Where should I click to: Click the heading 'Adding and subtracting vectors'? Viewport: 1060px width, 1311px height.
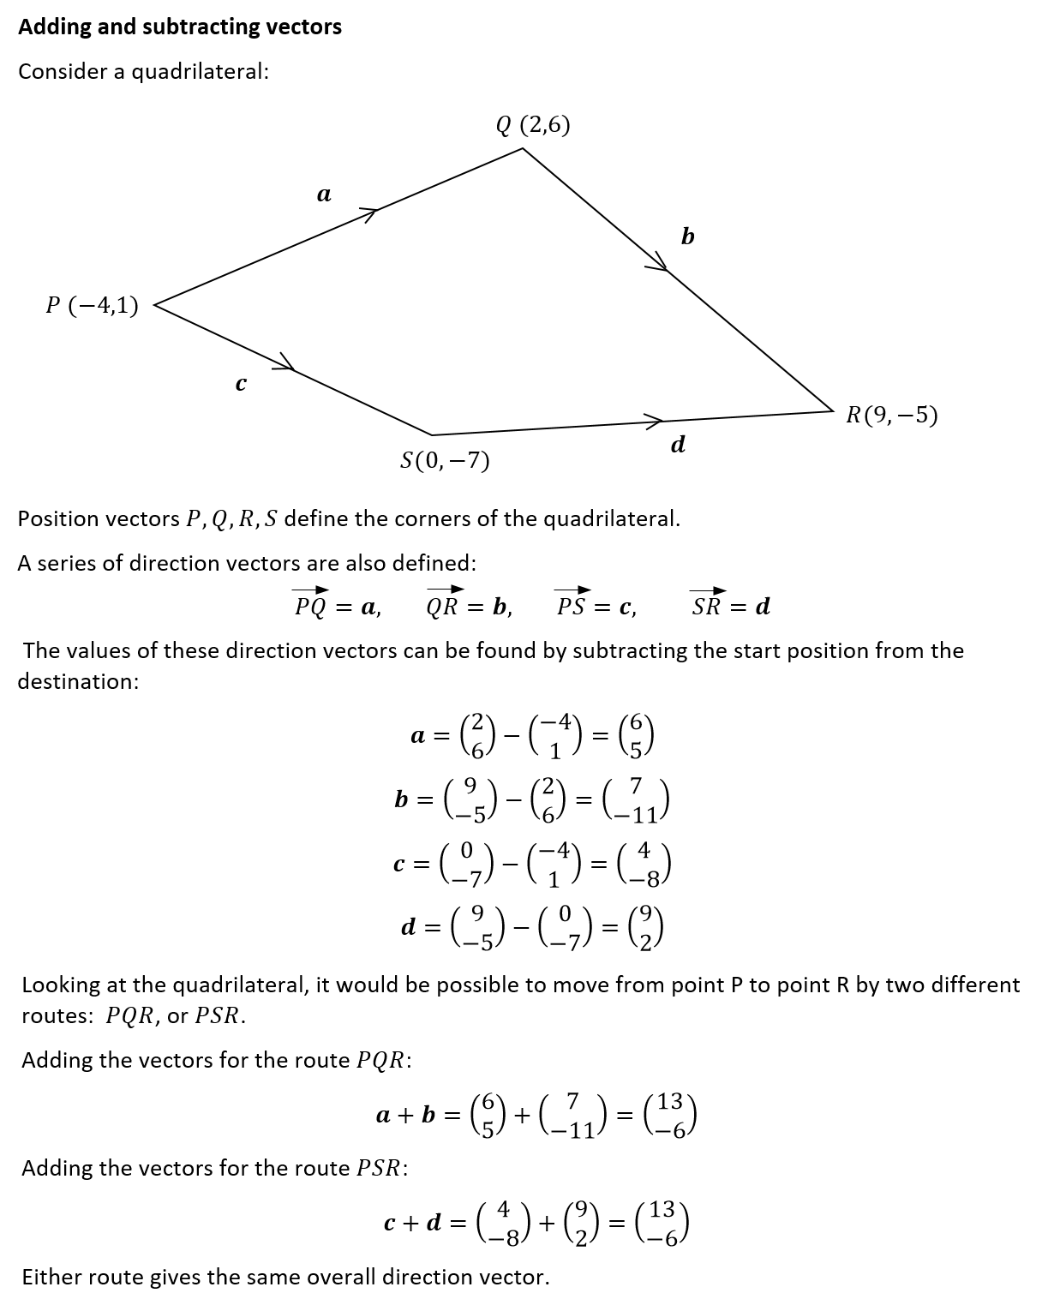click(180, 27)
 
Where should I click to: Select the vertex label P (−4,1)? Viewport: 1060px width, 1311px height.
click(92, 305)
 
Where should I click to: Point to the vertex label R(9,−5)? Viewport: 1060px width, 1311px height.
click(891, 416)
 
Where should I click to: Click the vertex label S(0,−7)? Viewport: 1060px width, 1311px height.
click(445, 462)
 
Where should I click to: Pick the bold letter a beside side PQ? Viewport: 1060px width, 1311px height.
click(324, 195)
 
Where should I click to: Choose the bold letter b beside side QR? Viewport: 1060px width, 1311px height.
click(687, 236)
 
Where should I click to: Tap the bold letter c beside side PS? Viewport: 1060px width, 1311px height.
click(241, 385)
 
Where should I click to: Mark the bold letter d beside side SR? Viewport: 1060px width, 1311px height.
click(678, 445)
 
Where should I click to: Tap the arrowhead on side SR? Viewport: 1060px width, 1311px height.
click(654, 421)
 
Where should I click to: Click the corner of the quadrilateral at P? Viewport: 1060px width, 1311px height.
click(155, 304)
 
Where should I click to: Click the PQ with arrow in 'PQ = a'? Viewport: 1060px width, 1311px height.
click(309, 603)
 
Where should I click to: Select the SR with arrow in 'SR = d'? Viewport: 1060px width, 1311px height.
click(707, 603)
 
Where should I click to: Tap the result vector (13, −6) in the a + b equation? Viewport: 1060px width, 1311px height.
click(672, 1115)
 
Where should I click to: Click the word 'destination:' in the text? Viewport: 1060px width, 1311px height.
click(78, 682)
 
